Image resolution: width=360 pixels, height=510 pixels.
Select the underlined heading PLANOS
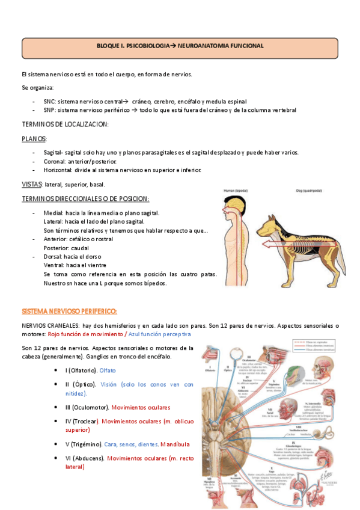(33, 138)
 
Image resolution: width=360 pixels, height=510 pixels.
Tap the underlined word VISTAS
(31, 184)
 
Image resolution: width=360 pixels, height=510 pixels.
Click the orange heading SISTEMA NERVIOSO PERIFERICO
(69, 311)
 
